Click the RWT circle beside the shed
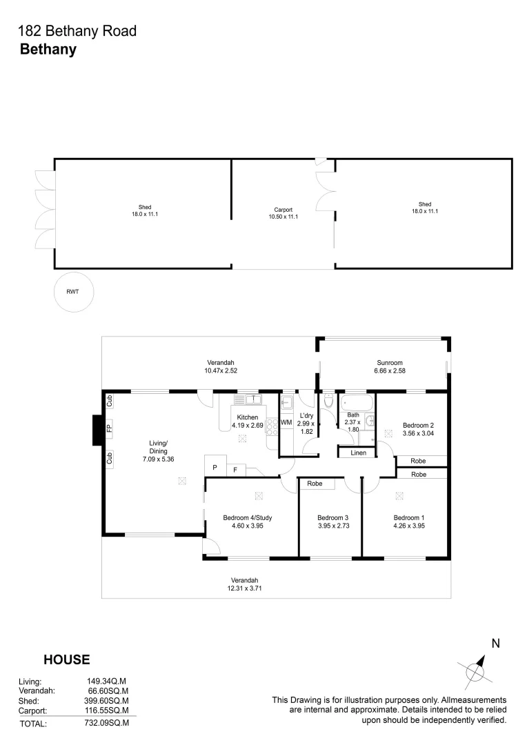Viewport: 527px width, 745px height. coord(72,292)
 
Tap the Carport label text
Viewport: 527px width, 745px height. coord(283,210)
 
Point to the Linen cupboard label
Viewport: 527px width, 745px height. coord(358,453)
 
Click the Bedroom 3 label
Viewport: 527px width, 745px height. coord(330,518)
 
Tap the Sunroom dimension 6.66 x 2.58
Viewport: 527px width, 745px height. coord(390,371)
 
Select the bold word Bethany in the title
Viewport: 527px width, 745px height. coord(48,49)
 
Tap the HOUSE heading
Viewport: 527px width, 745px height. coord(67,659)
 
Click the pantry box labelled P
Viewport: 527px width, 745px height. coord(215,467)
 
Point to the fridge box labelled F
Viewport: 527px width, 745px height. coord(235,470)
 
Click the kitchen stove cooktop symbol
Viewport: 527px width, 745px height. coord(271,426)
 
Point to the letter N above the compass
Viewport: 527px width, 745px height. coord(495,643)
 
